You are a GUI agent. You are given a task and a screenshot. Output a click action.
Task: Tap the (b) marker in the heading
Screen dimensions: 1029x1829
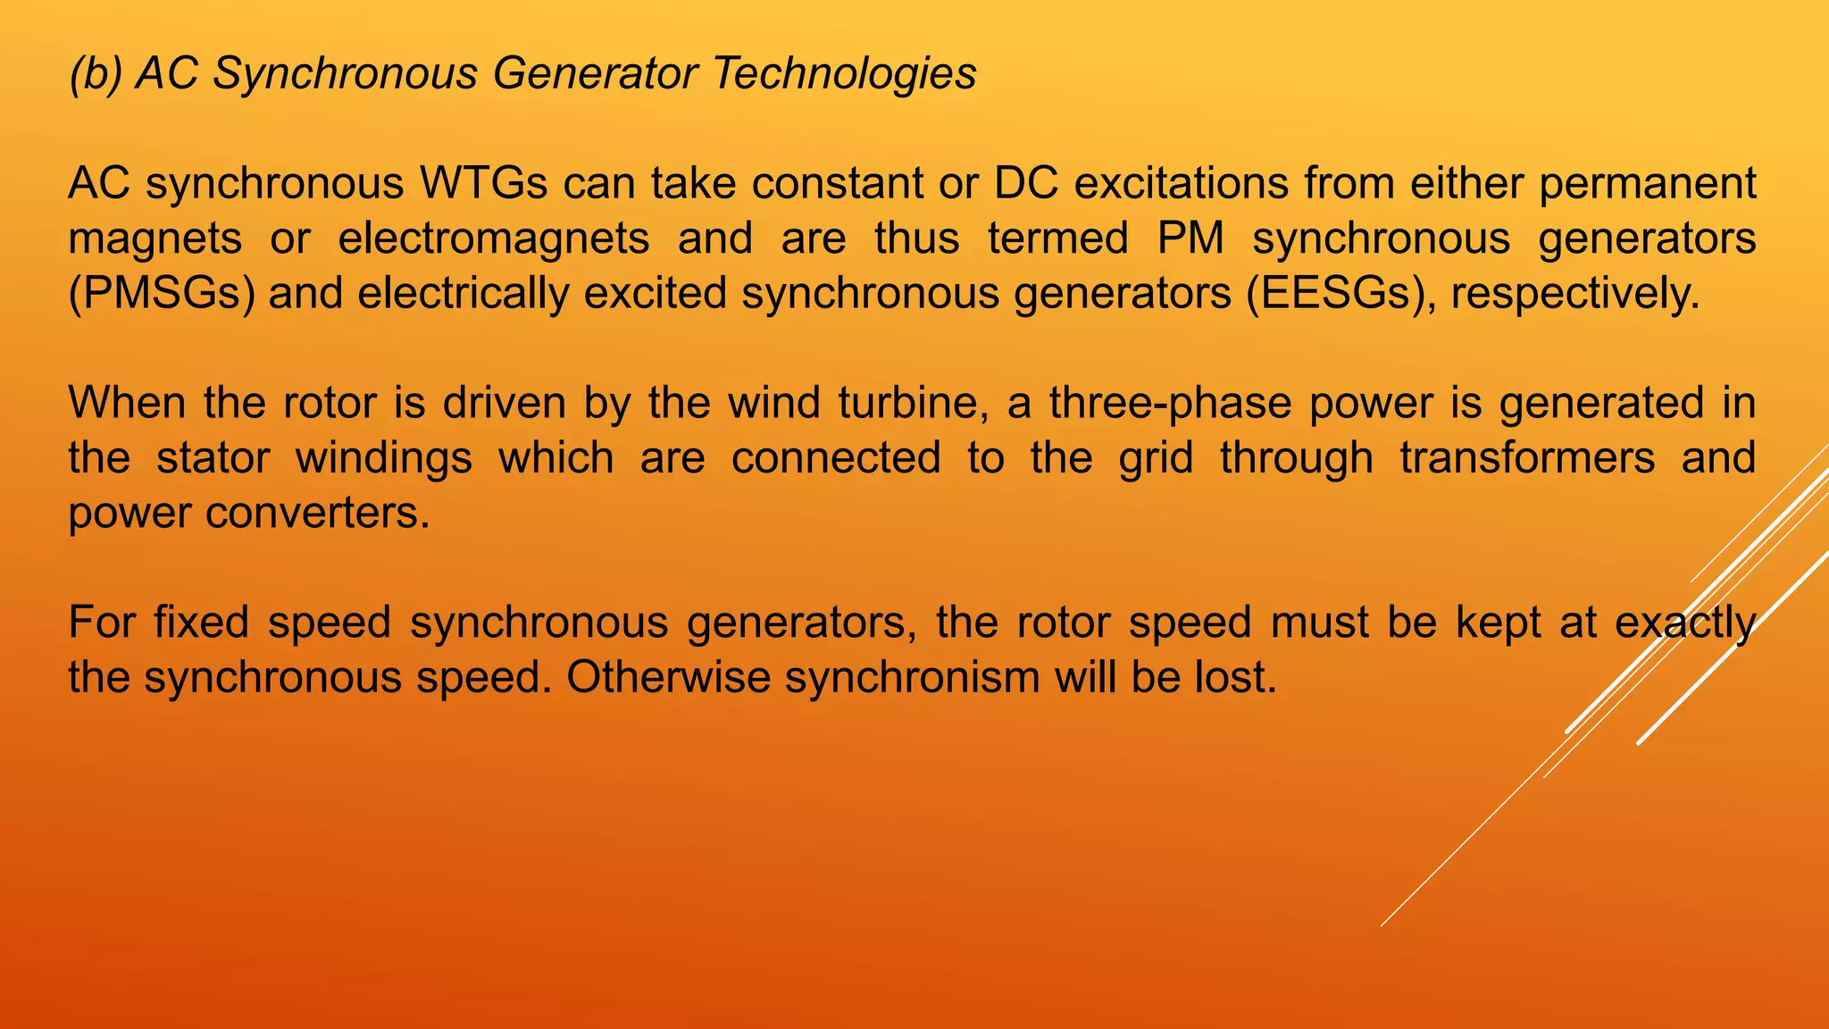click(96, 73)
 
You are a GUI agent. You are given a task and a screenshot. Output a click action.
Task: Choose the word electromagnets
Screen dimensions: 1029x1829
click(494, 239)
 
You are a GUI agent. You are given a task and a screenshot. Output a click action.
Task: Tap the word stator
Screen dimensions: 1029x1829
click(213, 458)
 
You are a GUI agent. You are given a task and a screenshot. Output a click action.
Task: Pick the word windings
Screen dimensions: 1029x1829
click(384, 458)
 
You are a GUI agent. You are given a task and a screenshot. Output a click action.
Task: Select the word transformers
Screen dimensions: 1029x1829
click(1527, 458)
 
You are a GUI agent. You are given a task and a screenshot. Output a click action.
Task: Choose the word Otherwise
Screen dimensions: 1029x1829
click(668, 678)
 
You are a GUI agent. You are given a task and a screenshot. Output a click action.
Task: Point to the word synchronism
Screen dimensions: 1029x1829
click(913, 678)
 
